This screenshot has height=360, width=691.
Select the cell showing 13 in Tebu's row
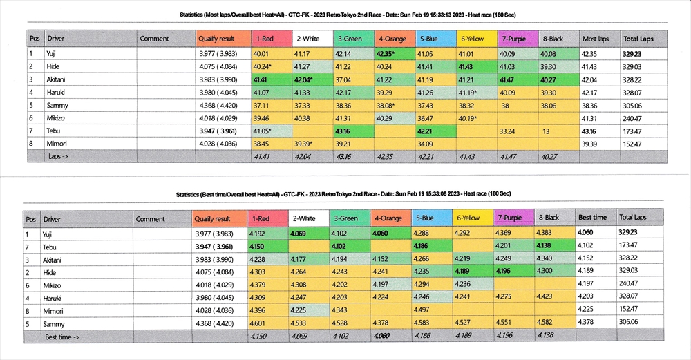tap(547, 131)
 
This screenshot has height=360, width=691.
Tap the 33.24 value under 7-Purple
tap(508, 131)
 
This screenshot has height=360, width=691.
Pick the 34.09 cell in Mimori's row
tap(428, 144)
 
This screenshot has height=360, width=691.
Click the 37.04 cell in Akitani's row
tap(348, 79)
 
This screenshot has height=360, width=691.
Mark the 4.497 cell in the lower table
tap(426, 310)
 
